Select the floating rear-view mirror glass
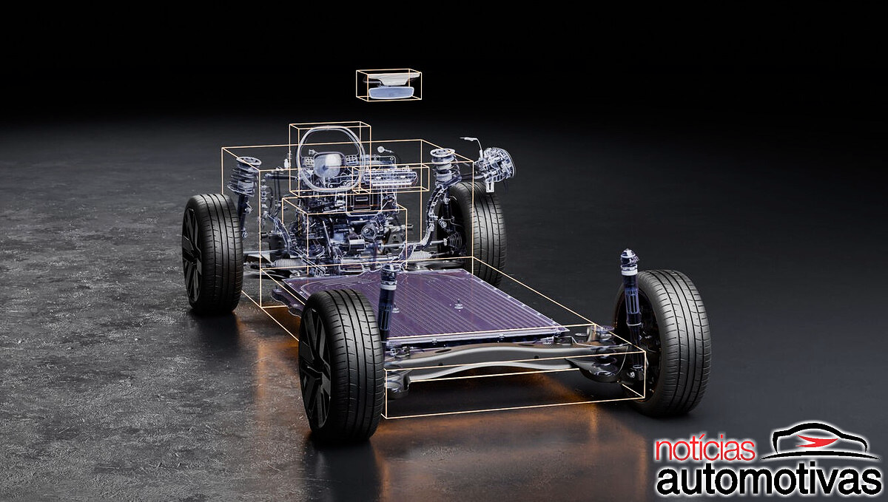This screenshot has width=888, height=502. coord(391,92)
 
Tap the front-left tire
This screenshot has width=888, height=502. coord(212,253)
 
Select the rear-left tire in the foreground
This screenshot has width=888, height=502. coord(342,365)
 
